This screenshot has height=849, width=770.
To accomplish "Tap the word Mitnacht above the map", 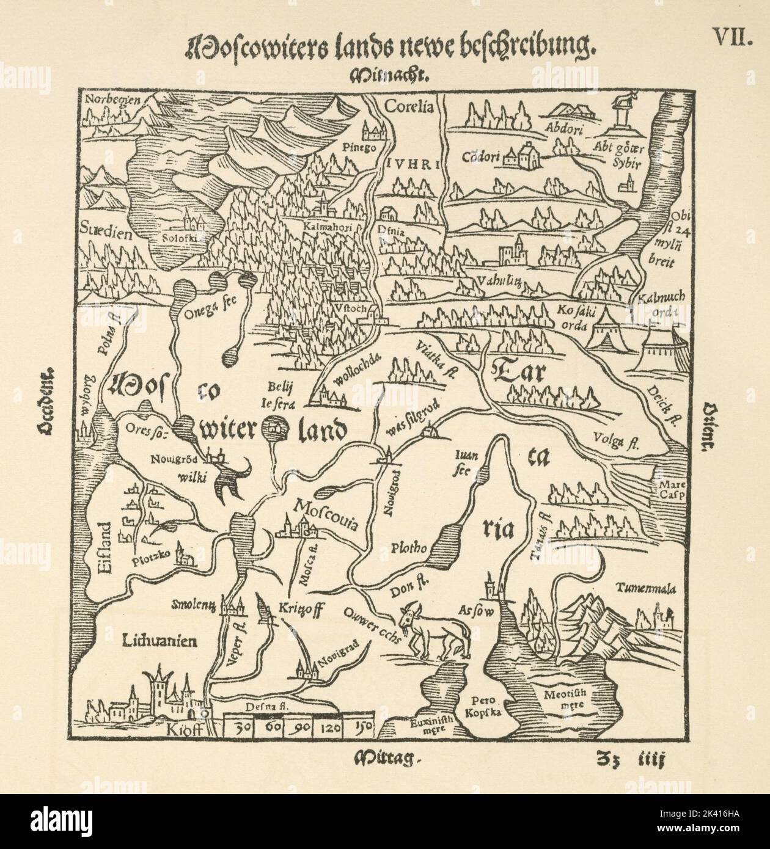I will [391, 76].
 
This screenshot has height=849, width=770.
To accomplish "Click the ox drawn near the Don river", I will [436, 629].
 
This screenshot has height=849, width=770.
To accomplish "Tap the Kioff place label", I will [184, 731].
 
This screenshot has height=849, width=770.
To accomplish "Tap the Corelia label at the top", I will [408, 107].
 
